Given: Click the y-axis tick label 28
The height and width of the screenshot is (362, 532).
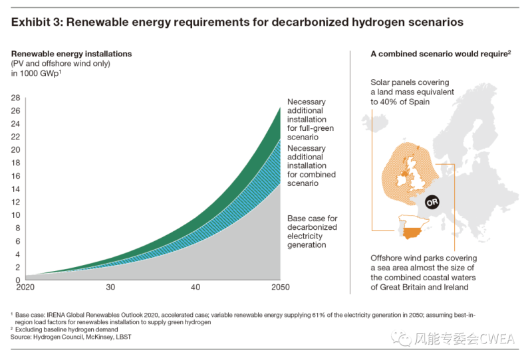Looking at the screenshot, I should tap(15, 98).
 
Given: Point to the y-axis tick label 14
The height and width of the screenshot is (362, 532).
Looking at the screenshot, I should tap(15, 189).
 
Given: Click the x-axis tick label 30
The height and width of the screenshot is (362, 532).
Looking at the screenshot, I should tap(110, 287).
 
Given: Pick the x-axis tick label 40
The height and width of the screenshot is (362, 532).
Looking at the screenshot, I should tap(195, 287).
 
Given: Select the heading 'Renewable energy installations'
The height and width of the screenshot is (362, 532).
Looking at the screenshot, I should tap(71, 53).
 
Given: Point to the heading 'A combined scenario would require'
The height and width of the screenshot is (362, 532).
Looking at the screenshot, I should tap(438, 53).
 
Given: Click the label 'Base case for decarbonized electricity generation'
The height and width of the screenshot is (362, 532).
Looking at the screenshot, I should tap(313, 231).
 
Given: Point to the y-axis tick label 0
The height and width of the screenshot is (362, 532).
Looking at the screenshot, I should tap(17, 280).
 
